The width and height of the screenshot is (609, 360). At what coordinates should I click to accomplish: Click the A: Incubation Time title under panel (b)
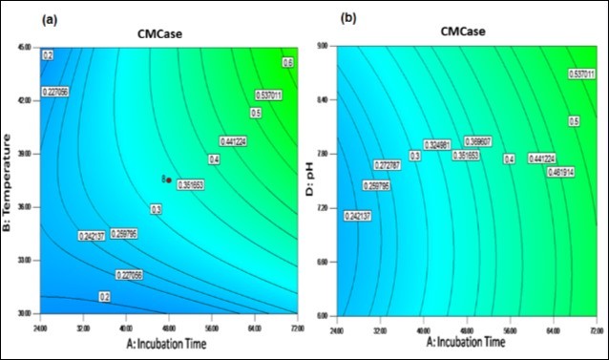coord(466,340)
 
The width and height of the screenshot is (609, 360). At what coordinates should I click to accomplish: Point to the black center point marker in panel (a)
coord(169,180)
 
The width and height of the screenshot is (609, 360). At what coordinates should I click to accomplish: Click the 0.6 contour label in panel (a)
coord(286,62)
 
